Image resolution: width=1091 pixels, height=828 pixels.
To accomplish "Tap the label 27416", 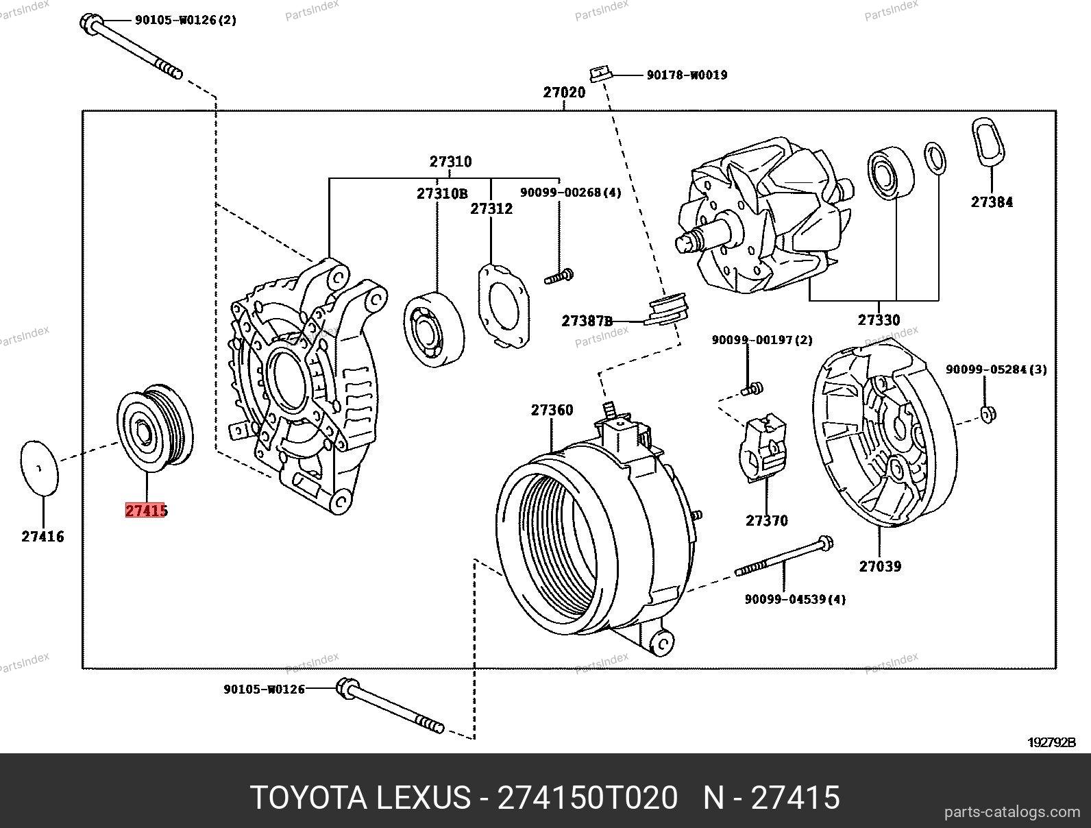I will tap(42, 537).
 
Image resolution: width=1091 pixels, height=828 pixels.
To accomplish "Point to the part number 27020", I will tap(564, 92).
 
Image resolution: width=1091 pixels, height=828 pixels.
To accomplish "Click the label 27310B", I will tap(441, 194).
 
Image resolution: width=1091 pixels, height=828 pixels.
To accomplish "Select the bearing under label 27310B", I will tap(433, 326).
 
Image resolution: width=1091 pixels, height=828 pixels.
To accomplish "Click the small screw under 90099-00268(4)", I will tap(559, 277).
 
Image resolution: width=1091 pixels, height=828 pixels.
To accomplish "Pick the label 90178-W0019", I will tap(687, 75).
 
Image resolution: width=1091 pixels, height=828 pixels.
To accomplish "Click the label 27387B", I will tap(587, 321).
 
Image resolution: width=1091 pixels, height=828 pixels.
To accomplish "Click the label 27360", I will tap(552, 410).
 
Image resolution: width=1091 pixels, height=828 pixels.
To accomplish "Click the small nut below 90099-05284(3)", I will tap(988, 413).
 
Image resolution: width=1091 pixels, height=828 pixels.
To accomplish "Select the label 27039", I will tap(880, 566).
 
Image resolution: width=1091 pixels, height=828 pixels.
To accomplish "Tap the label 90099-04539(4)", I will tap(795, 600).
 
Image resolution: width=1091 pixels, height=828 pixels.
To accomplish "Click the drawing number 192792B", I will tap(1052, 742).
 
